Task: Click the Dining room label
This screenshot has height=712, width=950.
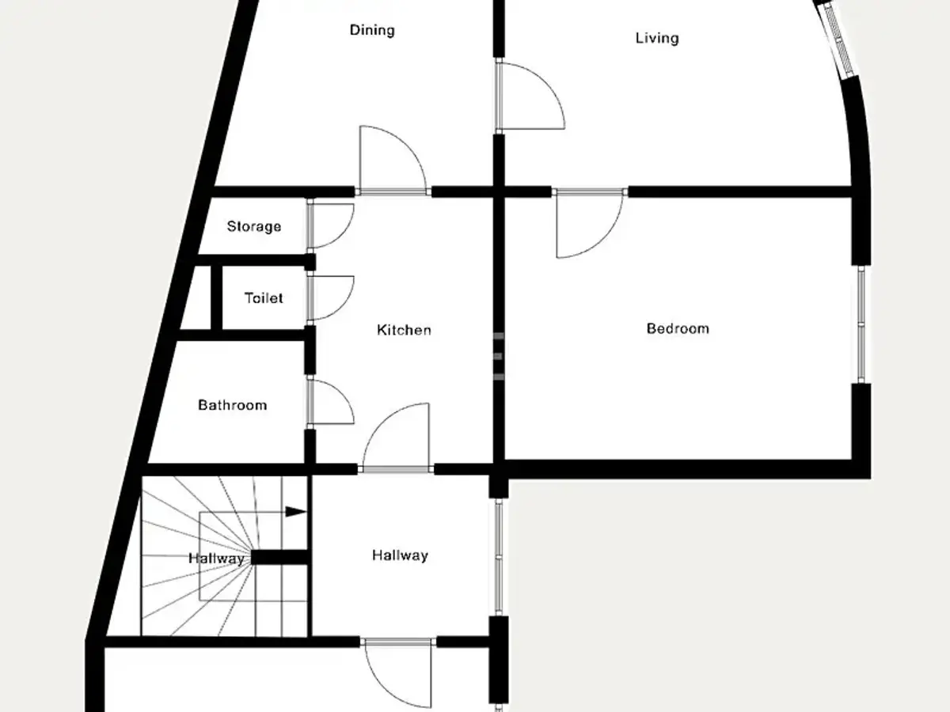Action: coord(372,30)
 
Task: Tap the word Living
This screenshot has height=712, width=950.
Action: coord(657,38)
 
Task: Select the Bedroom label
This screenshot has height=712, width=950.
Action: coord(678,328)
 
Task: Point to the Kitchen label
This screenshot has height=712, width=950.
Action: coord(404,330)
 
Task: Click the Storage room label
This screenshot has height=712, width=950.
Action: coord(254,226)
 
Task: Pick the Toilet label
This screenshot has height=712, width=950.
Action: coord(264,298)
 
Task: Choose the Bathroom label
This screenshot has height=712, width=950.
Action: coord(233,405)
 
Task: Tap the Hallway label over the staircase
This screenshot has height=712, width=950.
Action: coord(216,559)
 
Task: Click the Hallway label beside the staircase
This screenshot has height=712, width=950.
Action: coord(400,555)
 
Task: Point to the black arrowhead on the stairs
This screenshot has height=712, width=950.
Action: coord(296,512)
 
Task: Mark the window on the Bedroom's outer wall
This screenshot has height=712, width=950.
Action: coord(861,324)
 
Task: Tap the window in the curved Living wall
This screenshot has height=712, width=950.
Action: coord(838,41)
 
